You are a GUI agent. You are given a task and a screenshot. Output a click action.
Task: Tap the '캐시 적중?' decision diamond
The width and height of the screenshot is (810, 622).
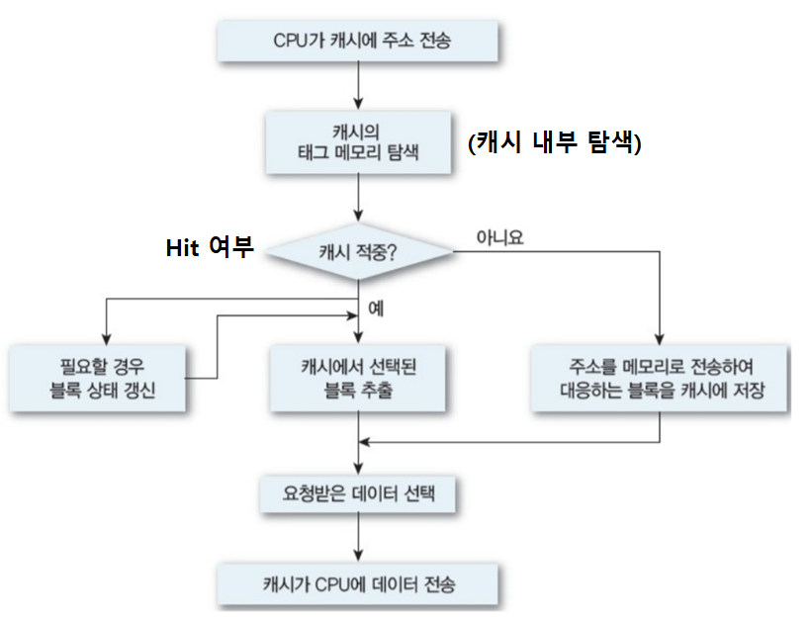point(358,251)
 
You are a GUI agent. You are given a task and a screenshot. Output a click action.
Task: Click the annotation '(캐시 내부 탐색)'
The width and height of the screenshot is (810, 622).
point(555,144)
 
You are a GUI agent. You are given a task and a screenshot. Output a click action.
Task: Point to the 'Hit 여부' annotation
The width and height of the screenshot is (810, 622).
point(209,248)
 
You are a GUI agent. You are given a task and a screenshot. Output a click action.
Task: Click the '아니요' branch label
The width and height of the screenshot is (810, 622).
point(498,237)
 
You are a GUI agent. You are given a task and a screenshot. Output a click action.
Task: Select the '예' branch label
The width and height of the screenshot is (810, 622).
point(376,308)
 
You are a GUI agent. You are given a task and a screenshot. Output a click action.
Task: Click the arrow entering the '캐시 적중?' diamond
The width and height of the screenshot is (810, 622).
point(358,201)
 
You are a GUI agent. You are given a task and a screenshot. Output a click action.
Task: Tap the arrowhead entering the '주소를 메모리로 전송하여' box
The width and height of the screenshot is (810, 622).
point(660,337)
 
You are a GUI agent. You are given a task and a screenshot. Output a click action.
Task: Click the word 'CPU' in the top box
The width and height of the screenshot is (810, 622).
point(291,44)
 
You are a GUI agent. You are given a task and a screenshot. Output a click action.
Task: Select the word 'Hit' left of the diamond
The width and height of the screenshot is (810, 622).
point(184,248)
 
